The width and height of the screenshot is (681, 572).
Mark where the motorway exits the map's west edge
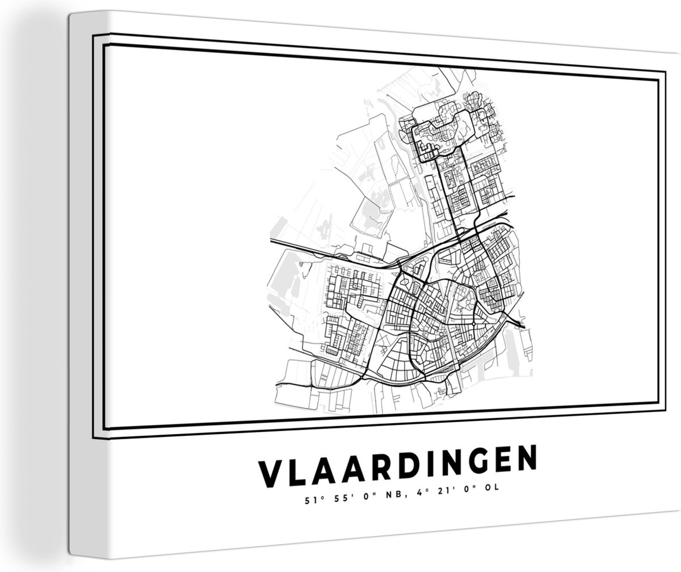click(271, 242)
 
